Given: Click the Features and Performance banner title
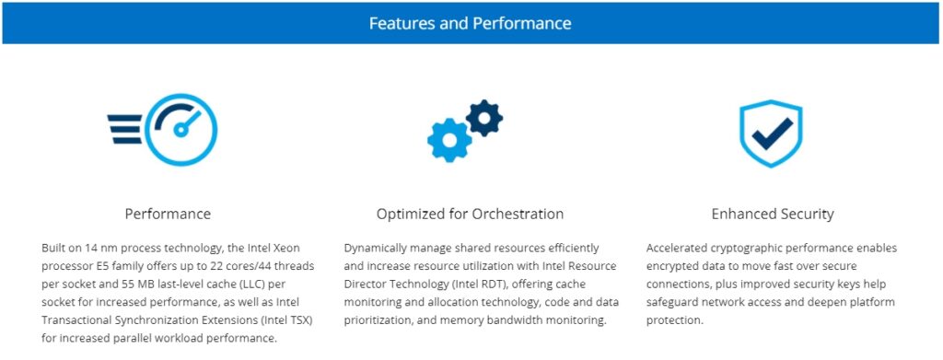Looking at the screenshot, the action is tap(470, 23).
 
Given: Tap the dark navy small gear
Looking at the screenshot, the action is tap(484, 117).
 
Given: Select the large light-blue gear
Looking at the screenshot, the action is tap(449, 140).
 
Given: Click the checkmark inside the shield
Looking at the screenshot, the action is tap(773, 133).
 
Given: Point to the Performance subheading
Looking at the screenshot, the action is tap(168, 214).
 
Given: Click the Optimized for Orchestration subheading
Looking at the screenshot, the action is tap(470, 214).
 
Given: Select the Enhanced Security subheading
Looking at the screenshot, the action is tap(773, 214).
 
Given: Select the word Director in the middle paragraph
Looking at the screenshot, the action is tap(363, 284).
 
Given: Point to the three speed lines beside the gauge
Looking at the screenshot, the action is tap(125, 129).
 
